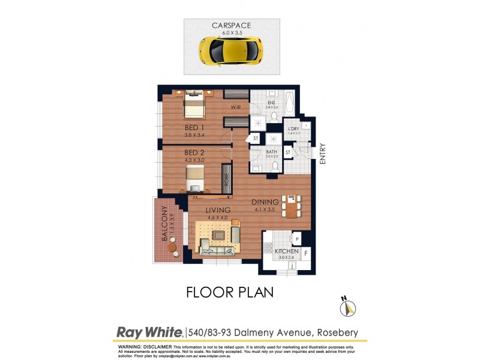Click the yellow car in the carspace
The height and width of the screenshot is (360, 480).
pyautogui.click(x=231, y=49)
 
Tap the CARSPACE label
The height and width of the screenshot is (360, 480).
pyautogui.click(x=231, y=25)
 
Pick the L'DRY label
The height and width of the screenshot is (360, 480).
pyautogui.click(x=293, y=130)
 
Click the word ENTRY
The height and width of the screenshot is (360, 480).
pyautogui.click(x=323, y=154)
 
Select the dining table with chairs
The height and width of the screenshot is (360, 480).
pyautogui.click(x=291, y=206)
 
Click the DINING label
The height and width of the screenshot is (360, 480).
pyautogui.click(x=265, y=202)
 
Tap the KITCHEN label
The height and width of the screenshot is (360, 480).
pyautogui.click(x=287, y=251)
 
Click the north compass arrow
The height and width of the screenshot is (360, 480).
pyautogui.click(x=347, y=308)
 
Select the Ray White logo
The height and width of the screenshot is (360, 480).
pyautogui.click(x=150, y=332)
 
